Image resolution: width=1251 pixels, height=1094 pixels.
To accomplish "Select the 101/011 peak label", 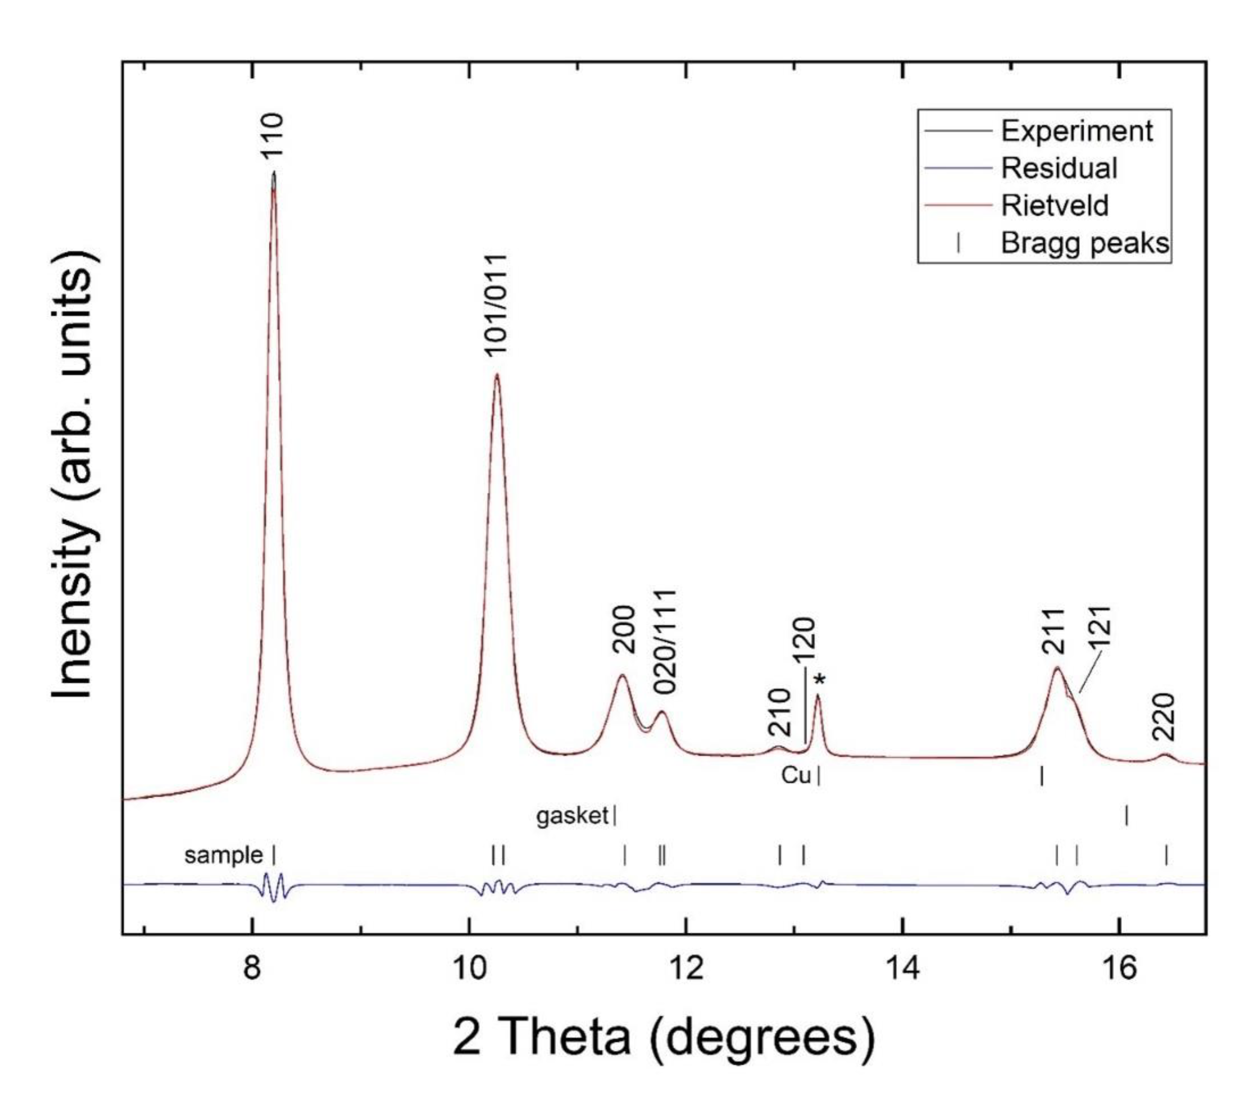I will (496, 303).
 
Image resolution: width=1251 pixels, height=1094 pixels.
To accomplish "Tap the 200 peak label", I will (624, 629).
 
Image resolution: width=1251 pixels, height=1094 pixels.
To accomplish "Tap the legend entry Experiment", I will (1076, 130).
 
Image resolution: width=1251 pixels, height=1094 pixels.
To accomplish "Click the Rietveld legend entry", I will (1054, 205).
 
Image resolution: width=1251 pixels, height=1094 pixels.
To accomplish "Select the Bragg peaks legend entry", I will (1084, 243).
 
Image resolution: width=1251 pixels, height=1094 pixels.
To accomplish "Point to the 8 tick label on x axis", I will (252, 966).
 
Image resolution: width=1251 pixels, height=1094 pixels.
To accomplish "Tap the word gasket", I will (572, 816).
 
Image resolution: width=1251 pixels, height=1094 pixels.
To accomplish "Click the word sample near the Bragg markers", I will (223, 855).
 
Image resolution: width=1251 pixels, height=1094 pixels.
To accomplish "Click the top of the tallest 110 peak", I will (273, 173).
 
